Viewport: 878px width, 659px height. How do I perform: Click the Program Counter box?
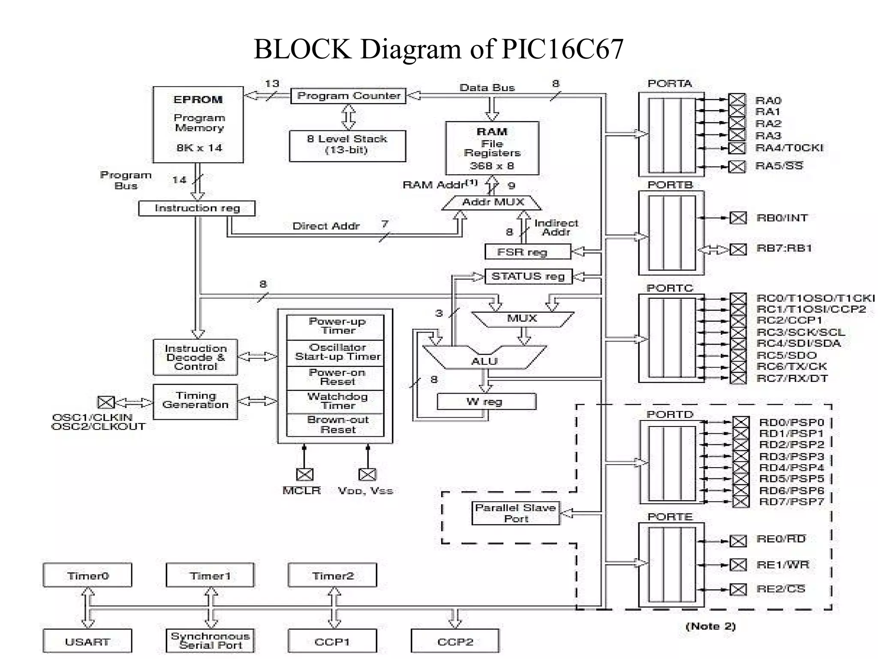pyautogui.click(x=348, y=96)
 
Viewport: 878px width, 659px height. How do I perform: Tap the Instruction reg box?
pyautogui.click(x=197, y=209)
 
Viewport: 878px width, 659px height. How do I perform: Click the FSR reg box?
pyautogui.click(x=527, y=252)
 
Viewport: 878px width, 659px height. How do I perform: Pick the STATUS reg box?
pyautogui.click(x=528, y=276)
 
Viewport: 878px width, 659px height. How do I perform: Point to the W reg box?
pyautogui.click(x=486, y=402)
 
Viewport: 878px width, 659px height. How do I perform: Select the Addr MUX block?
pyautogui.click(x=492, y=203)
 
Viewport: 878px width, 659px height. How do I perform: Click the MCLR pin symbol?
pyautogui.click(x=305, y=475)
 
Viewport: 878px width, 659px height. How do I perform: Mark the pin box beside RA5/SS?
pyautogui.click(x=737, y=166)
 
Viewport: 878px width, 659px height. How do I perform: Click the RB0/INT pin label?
pyautogui.click(x=782, y=218)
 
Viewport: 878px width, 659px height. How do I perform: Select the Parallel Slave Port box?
pyautogui.click(x=516, y=513)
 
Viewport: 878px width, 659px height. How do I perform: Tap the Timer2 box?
pyautogui.click(x=333, y=575)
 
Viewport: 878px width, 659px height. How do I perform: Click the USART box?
pyautogui.click(x=87, y=641)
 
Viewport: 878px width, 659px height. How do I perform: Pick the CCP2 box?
pyautogui.click(x=455, y=641)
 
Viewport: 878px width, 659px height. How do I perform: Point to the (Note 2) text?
pyautogui.click(x=710, y=626)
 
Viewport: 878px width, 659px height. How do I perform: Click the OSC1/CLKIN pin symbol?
pyautogui.click(x=106, y=402)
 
